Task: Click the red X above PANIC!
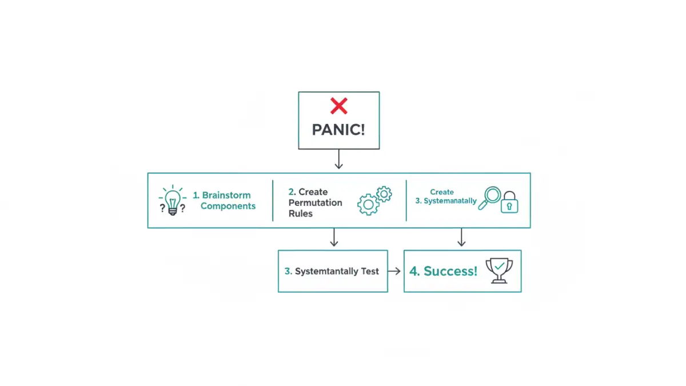tap(338, 106)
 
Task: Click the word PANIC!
tap(338, 130)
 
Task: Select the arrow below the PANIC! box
tap(338, 160)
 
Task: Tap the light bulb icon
tap(173, 201)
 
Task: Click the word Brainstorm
tap(226, 195)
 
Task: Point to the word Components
tap(228, 206)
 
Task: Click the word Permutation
tap(315, 202)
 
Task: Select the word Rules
tap(300, 213)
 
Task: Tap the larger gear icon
tap(369, 204)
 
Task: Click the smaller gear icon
tap(384, 194)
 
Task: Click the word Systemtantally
tap(326, 271)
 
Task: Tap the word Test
tap(369, 271)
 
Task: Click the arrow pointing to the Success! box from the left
tap(394, 271)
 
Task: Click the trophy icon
tap(498, 270)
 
